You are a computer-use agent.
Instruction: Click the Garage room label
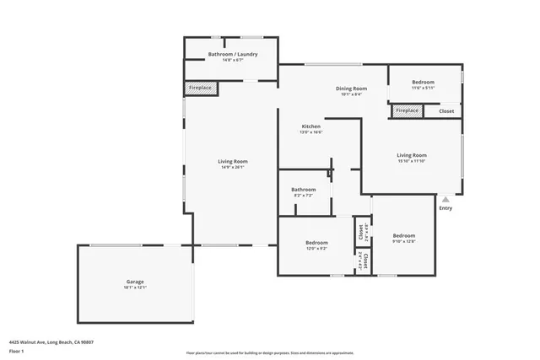135,281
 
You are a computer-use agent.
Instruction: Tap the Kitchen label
310,126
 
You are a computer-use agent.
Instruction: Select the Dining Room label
352,88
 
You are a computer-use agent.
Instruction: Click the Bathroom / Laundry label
233,54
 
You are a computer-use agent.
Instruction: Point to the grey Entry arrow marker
445,200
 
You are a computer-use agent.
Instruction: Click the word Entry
445,208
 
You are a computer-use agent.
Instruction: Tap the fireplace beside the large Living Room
201,88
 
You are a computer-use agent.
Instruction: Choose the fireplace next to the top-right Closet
407,110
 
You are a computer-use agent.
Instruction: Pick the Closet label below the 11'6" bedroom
445,110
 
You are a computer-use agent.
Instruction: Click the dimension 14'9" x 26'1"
233,167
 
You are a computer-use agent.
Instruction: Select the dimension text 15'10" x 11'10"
412,161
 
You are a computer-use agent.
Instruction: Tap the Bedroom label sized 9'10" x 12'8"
403,235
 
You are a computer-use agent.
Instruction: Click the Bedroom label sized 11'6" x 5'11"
424,82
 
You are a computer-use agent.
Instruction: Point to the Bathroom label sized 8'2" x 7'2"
303,190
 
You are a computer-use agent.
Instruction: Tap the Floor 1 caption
16,351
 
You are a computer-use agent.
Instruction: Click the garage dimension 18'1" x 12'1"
135,287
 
